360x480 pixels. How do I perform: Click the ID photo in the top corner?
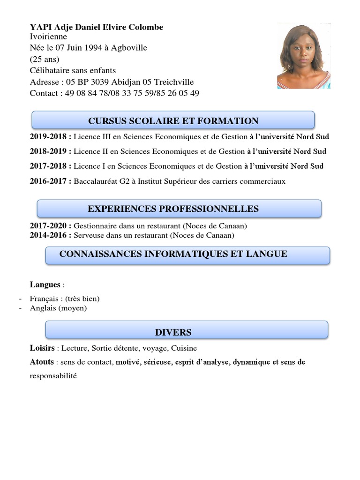pyautogui.click(x=303, y=56)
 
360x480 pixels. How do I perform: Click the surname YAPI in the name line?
pyautogui.click(x=39, y=27)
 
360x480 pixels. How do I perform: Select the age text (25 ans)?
pyautogui.click(x=45, y=59)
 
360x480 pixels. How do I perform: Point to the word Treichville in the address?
pyautogui.click(x=174, y=82)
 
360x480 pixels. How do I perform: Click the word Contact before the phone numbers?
pyautogui.click(x=45, y=93)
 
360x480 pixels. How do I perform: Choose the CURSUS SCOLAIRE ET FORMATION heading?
pyautogui.click(x=173, y=121)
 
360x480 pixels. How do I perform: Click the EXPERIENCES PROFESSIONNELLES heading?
pyautogui.click(x=173, y=209)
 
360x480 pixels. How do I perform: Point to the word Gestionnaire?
pyautogui.click(x=96, y=226)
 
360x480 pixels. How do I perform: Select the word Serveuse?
pyautogui.click(x=89, y=235)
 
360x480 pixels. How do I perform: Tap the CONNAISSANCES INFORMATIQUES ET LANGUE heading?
pyautogui.click(x=173, y=254)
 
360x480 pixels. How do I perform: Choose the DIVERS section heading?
pyautogui.click(x=173, y=332)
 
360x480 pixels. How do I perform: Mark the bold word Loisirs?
pyautogui.click(x=42, y=348)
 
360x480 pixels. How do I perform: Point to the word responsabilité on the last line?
pyautogui.click(x=53, y=376)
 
